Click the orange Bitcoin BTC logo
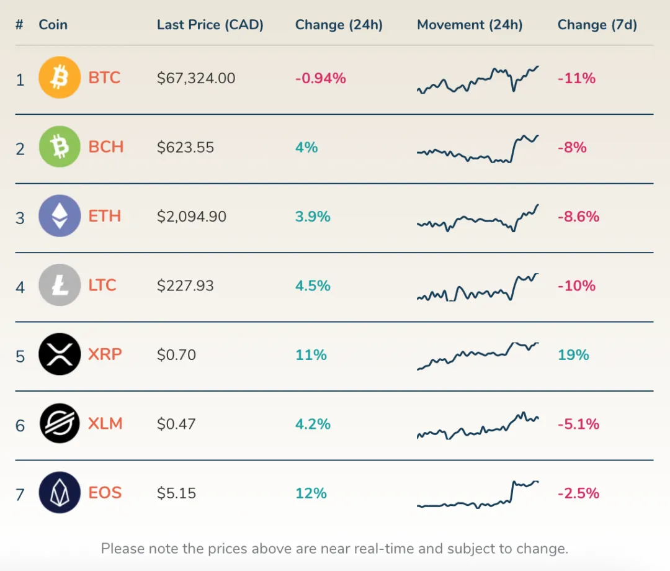click(60, 78)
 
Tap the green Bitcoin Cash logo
click(60, 147)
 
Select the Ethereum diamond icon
click(60, 216)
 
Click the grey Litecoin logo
click(60, 285)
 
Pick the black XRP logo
click(60, 354)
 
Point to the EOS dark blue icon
click(60, 493)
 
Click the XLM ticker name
click(105, 424)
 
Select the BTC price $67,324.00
click(196, 78)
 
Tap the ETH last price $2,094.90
click(192, 217)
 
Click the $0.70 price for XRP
click(176, 355)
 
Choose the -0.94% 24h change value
click(320, 78)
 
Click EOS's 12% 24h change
click(311, 493)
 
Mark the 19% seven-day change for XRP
click(573, 355)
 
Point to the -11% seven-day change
click(576, 78)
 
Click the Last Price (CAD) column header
click(210, 25)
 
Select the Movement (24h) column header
click(470, 25)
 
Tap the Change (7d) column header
click(597, 25)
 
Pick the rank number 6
click(20, 425)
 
